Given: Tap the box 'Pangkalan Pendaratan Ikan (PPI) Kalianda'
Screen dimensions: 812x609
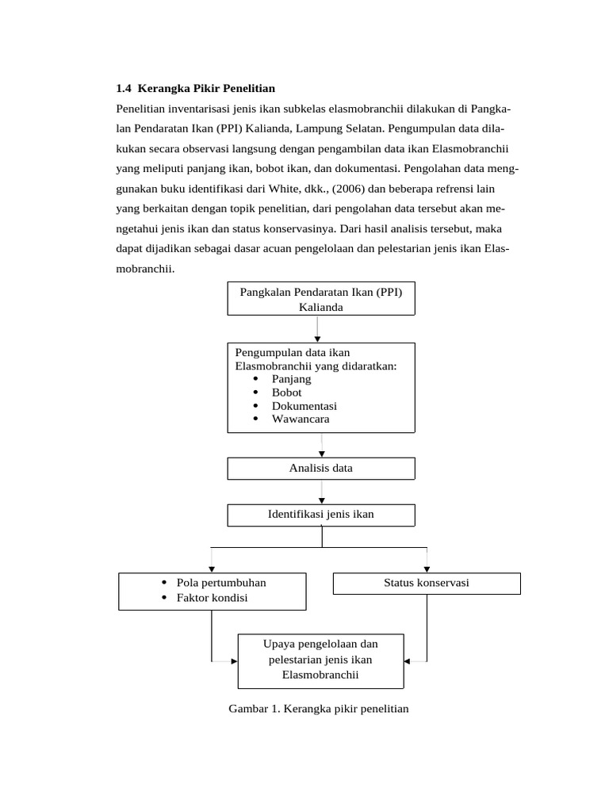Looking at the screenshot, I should click(320, 299).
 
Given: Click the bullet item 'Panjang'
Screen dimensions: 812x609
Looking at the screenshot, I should click(291, 379).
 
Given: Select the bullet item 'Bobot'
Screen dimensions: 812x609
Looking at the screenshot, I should click(286, 393).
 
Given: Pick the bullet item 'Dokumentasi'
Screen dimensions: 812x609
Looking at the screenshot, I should click(304, 406).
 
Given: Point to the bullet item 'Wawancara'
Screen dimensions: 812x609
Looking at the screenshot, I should click(300, 419).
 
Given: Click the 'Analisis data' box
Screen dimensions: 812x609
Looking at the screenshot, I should click(320, 468).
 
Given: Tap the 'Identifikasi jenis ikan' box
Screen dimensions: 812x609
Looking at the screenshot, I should click(320, 515).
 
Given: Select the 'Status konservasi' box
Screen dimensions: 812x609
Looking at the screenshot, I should click(426, 583).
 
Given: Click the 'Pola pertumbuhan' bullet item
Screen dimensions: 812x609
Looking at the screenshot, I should click(221, 583).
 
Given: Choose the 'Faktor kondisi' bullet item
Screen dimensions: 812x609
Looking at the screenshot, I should click(212, 597).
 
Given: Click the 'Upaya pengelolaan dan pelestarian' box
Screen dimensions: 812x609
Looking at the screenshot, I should click(320, 660).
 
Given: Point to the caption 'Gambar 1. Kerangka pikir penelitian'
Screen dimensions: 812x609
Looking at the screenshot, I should click(318, 708).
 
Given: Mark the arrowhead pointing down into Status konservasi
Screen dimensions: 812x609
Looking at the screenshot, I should click(427, 569).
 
